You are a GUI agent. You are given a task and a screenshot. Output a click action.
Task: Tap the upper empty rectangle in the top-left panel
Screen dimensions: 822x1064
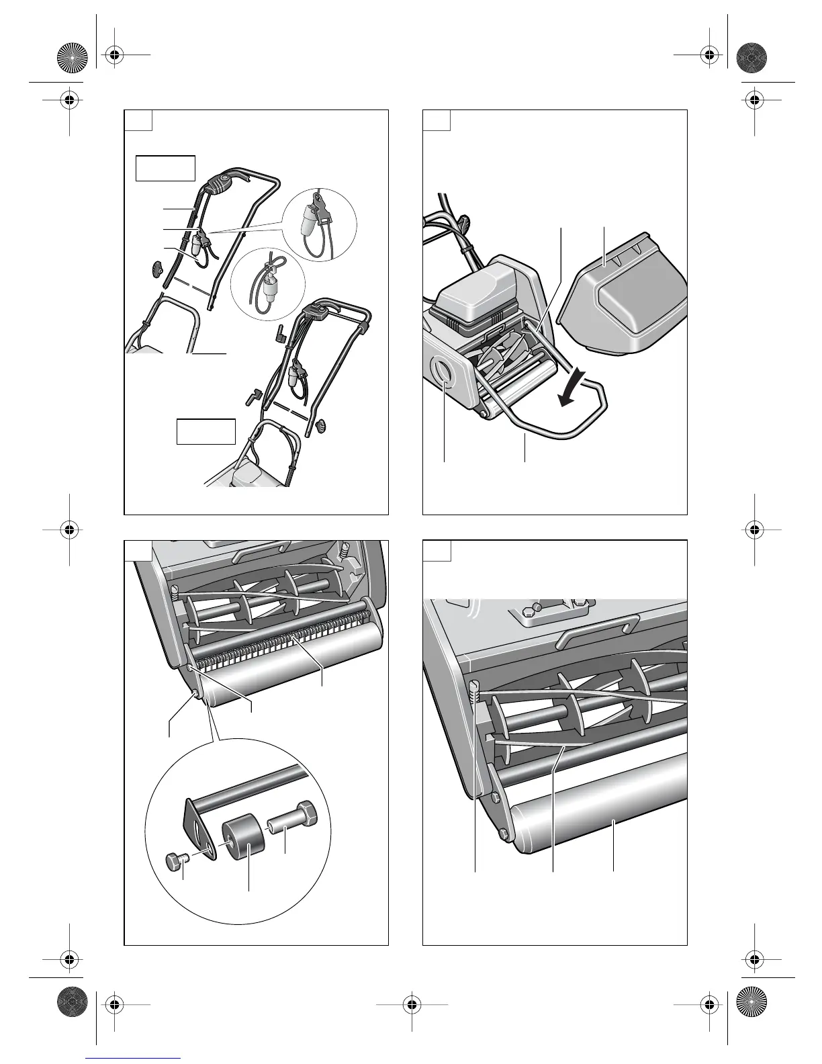coord(165,168)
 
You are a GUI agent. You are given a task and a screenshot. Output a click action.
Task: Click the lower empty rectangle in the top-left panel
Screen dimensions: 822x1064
coord(205,431)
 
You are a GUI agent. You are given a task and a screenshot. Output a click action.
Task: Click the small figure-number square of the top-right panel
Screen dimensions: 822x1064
coord(436,120)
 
